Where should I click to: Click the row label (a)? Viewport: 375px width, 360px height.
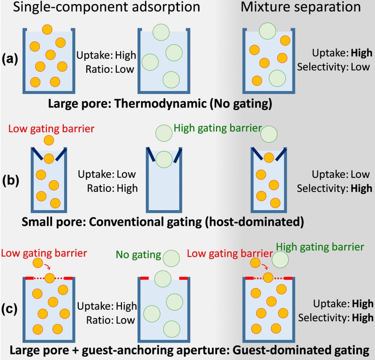[10, 60]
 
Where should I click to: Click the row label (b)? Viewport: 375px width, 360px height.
[10, 180]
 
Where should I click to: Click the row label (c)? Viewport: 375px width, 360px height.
[10, 309]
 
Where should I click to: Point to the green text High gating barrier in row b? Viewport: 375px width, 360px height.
[217, 128]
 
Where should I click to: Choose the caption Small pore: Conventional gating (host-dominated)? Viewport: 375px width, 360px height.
[162, 220]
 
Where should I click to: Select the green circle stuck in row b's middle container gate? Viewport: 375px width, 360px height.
[164, 158]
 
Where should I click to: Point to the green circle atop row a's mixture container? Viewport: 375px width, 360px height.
[267, 31]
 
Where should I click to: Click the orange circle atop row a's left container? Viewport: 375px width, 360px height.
[47, 29]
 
